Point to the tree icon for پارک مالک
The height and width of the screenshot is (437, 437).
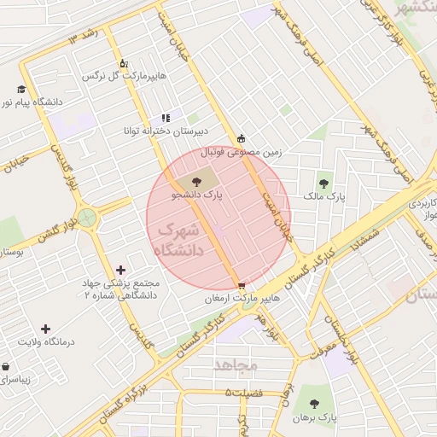pyautogui.click(x=324, y=183)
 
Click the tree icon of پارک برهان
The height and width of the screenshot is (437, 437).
pyautogui.click(x=314, y=404)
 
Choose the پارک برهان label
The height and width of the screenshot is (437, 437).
pyautogui.click(x=316, y=418)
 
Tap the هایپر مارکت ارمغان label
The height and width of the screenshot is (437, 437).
pyautogui.click(x=242, y=300)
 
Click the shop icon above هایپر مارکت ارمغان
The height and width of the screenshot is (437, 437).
pyautogui.click(x=242, y=286)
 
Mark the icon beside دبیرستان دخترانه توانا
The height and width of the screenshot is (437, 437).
pyautogui.click(x=166, y=119)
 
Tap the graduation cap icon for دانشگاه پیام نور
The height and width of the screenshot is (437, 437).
pyautogui.click(x=21, y=89)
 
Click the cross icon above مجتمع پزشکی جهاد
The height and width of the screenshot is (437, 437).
pyautogui.click(x=120, y=270)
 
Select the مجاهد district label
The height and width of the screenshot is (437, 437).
pyautogui.click(x=236, y=365)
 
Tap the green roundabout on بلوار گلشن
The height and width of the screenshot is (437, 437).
pyautogui.click(x=86, y=217)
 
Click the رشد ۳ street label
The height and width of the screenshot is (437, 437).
pyautogui.click(x=84, y=37)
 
